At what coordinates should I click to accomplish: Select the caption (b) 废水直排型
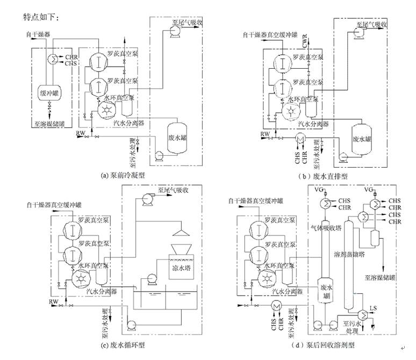tap(322, 175)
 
